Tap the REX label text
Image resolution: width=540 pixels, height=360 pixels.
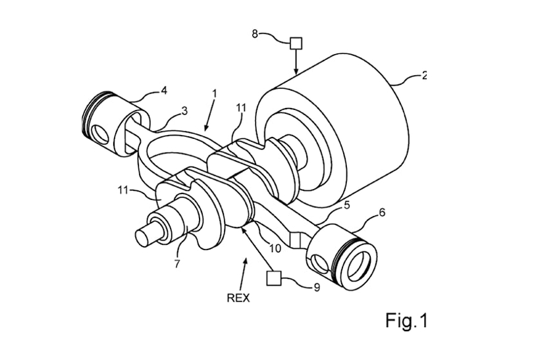[238, 297]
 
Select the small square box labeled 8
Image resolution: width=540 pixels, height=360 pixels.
[296, 43]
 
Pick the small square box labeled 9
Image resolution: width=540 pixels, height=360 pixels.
[273, 278]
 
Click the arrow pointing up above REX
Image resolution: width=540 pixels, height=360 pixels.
[245, 270]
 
